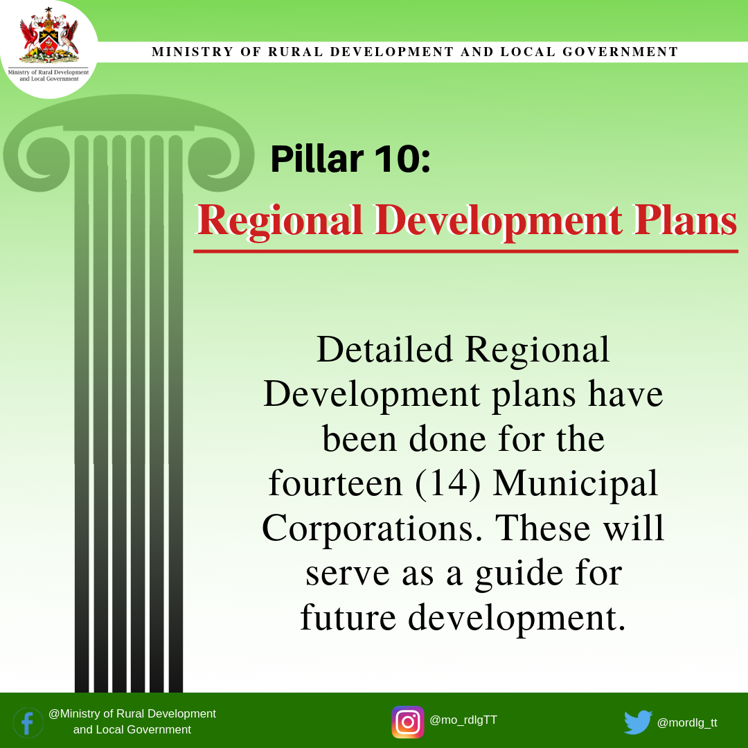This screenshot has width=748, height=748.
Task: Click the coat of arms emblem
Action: point(48,36)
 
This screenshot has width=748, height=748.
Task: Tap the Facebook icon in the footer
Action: point(28,722)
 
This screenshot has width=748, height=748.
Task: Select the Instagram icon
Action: point(408,722)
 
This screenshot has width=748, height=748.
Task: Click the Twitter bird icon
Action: point(638,722)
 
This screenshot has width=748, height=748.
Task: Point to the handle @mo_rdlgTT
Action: point(463,720)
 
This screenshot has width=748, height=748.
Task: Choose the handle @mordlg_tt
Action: point(687,722)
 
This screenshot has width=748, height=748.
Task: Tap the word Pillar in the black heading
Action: point(317,159)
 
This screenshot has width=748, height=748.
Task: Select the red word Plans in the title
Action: point(686,220)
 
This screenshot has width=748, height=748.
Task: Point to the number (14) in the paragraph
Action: point(447,483)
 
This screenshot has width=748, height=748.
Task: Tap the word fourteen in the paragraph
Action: point(335,483)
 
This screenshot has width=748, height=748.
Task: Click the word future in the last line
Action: point(348,617)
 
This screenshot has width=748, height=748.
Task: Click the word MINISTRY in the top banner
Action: point(193,51)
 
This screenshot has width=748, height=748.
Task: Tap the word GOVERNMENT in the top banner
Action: point(620,51)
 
